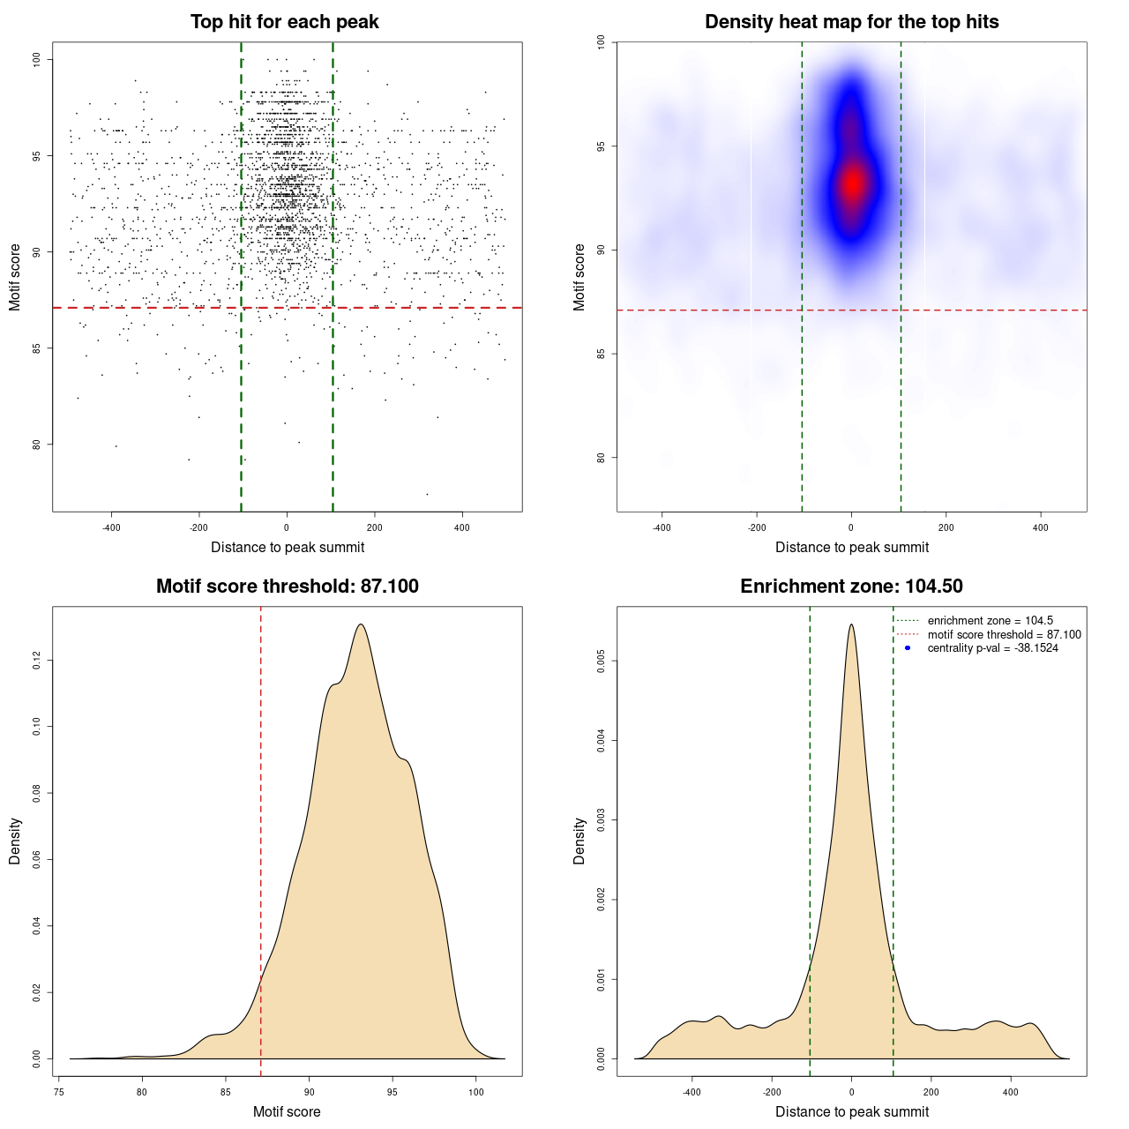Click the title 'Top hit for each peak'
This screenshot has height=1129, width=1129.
pyautogui.click(x=285, y=22)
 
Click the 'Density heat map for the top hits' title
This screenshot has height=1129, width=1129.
pyautogui.click(x=851, y=22)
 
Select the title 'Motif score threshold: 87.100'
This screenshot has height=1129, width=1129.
pyautogui.click(x=287, y=587)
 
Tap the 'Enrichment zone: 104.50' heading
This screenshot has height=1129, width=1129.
pyautogui.click(x=851, y=587)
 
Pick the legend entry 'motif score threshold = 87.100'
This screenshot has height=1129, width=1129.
pyautogui.click(x=1004, y=635)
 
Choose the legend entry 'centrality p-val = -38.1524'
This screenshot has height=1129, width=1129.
pyautogui.click(x=992, y=648)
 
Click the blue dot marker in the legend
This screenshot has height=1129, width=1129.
pyautogui.click(x=908, y=648)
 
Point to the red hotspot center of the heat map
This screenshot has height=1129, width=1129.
pyautogui.click(x=852, y=183)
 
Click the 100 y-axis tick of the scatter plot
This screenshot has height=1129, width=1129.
pyautogui.click(x=37, y=59)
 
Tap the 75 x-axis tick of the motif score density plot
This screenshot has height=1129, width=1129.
pyautogui.click(x=58, y=1092)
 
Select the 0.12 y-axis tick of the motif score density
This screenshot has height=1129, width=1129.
pyautogui.click(x=37, y=661)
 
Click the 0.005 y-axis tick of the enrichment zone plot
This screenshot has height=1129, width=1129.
pyautogui.click(x=602, y=661)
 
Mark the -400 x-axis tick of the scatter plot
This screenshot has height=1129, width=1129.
pyautogui.click(x=111, y=527)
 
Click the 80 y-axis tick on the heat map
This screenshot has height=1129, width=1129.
pyautogui.click(x=602, y=458)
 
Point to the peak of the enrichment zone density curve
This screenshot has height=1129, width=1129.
pyautogui.click(x=851, y=624)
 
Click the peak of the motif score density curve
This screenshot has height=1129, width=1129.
pyautogui.click(x=361, y=624)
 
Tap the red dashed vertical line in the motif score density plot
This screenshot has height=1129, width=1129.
pyautogui.click(x=261, y=838)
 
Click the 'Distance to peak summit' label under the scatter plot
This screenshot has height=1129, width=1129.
pyautogui.click(x=288, y=548)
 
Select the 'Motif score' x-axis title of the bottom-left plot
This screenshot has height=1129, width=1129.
pyautogui.click(x=287, y=1112)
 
